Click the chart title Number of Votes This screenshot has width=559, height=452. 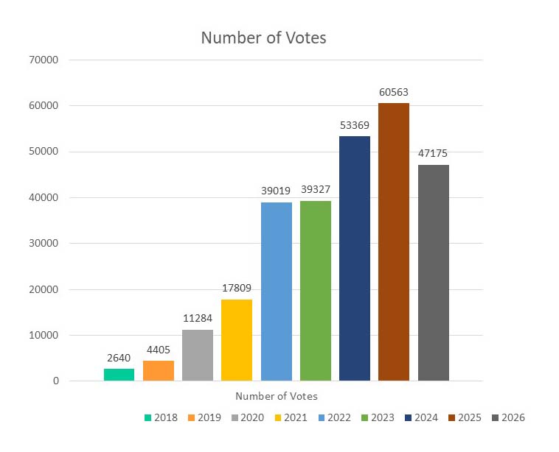click(x=263, y=38)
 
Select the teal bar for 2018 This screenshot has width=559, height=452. click(x=119, y=375)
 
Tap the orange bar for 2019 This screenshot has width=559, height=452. click(x=159, y=370)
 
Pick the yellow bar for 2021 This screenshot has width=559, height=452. click(x=237, y=340)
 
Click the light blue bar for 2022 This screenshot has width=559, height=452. click(x=277, y=292)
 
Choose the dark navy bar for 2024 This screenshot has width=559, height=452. click(x=355, y=258)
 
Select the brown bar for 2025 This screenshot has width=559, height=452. click(x=394, y=242)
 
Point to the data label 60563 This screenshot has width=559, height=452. click(x=394, y=93)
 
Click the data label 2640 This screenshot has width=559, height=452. click(x=119, y=359)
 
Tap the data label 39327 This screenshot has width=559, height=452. click(x=316, y=190)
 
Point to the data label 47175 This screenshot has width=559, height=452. click(x=433, y=154)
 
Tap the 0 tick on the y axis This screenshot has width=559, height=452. click(x=76, y=381)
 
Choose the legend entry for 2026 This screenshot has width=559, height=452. click(x=507, y=418)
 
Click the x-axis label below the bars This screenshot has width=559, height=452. click(x=277, y=396)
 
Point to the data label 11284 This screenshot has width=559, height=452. click(x=198, y=319)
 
